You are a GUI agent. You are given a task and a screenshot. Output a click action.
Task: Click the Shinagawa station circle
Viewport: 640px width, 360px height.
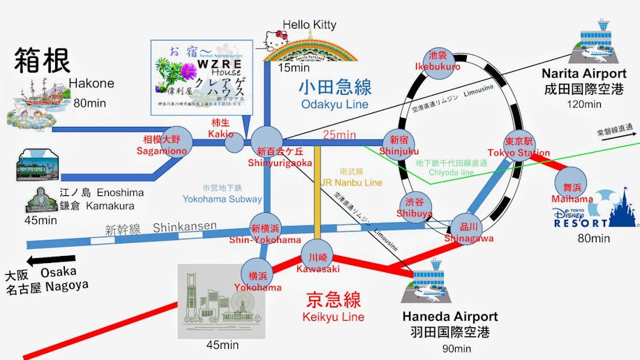(468, 227)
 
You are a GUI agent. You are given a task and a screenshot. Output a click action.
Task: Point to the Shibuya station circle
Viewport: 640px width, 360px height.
(415, 204)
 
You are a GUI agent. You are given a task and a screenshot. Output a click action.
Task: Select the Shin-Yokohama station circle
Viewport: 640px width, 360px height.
(266, 229)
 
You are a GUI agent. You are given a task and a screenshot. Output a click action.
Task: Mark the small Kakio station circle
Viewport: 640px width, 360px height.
(235, 142)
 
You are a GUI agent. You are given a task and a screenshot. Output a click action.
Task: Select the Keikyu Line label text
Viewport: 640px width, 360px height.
(334, 301)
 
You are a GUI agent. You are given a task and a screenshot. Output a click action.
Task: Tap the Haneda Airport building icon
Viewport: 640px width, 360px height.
(429, 280)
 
